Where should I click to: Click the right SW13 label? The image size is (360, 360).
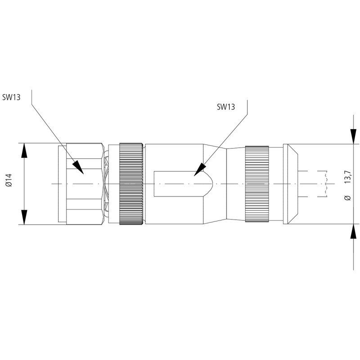click(225, 107)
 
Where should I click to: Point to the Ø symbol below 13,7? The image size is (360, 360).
click(347, 198)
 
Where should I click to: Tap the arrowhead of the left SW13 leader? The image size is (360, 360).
click(78, 167)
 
